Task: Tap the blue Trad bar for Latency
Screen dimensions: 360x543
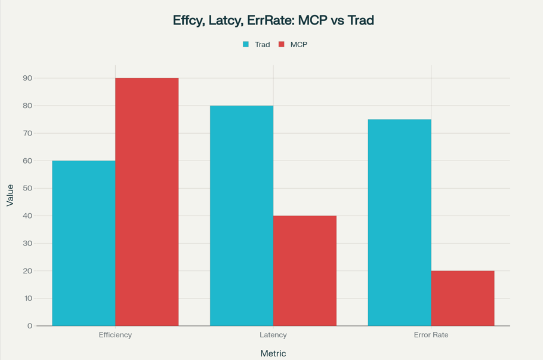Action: [242, 216]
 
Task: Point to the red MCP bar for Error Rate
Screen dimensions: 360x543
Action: [462, 298]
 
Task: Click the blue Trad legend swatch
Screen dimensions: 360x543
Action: [246, 45]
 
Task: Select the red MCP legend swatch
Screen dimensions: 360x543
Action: [282, 45]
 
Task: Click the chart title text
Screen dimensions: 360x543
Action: [273, 20]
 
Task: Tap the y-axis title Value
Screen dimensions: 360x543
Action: [10, 195]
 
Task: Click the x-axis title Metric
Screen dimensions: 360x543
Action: [273, 353]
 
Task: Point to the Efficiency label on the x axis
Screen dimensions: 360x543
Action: [115, 335]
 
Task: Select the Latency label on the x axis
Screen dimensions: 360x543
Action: [273, 335]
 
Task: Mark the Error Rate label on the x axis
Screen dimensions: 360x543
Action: [431, 335]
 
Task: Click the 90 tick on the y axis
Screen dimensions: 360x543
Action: [27, 78]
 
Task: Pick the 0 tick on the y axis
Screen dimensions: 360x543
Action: [30, 326]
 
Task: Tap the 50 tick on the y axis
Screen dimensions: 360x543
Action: [27, 188]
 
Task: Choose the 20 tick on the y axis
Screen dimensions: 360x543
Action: [27, 271]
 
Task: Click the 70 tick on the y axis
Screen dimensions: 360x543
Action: [27, 133]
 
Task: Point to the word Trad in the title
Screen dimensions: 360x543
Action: [361, 20]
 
